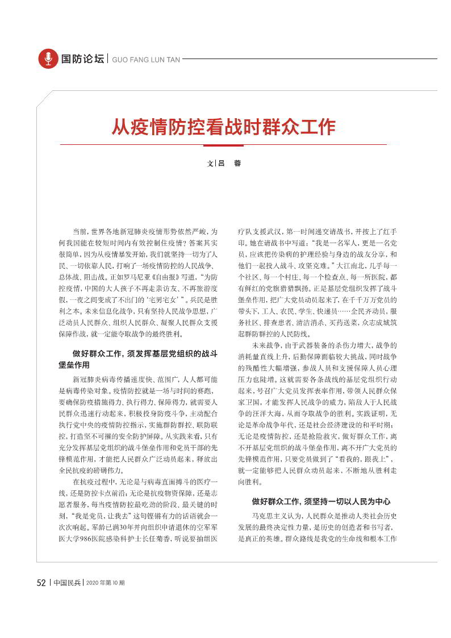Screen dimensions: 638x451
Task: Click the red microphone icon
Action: pos(48,59)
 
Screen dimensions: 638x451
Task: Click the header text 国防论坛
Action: pos(82,59)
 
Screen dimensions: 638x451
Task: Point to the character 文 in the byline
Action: pos(210,163)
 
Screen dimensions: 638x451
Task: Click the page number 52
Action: pos(41,582)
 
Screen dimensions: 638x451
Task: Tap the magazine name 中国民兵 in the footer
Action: pos(67,582)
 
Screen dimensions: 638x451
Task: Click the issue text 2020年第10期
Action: pos(105,583)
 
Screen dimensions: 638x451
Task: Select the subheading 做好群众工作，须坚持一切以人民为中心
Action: pos(321,502)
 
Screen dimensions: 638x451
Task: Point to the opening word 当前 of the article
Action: pos(80,232)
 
